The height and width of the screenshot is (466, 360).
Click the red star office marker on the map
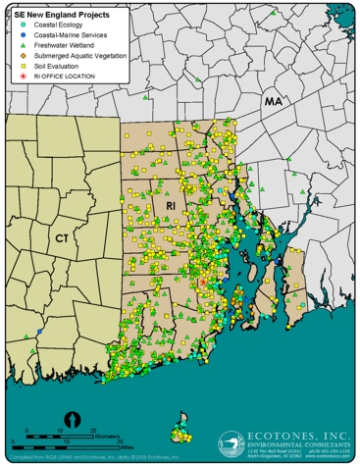click(x=203, y=282)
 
